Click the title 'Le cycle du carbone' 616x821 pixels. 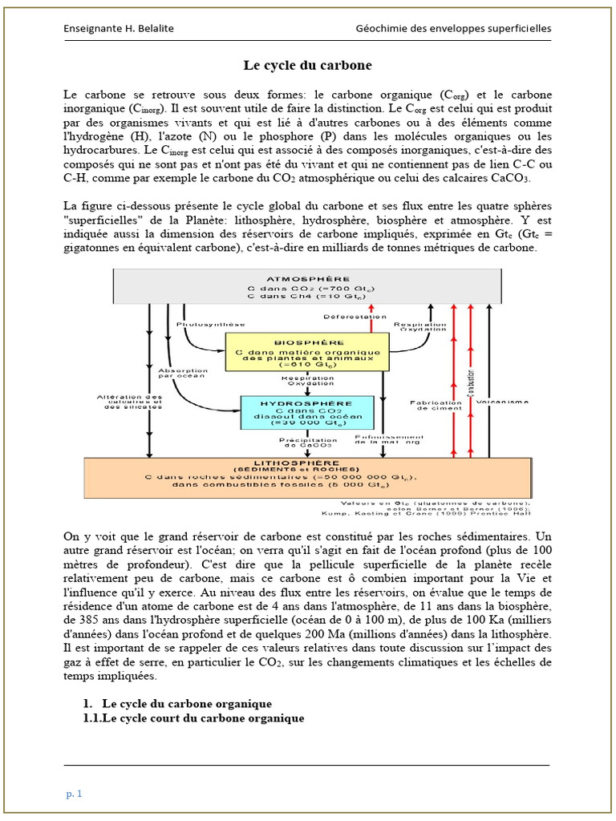click(x=308, y=64)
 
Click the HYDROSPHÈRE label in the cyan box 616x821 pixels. click(x=308, y=403)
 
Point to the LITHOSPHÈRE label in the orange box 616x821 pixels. click(x=308, y=463)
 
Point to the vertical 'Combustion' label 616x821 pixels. click(x=471, y=384)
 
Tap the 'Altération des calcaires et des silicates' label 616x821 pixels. click(x=128, y=402)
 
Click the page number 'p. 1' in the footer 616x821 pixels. click(x=75, y=794)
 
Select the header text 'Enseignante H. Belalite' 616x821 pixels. click(x=119, y=29)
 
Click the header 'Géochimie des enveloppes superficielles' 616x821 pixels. click(x=453, y=29)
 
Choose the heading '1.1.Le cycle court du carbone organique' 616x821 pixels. click(x=193, y=718)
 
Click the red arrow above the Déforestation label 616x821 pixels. click(x=371, y=307)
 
